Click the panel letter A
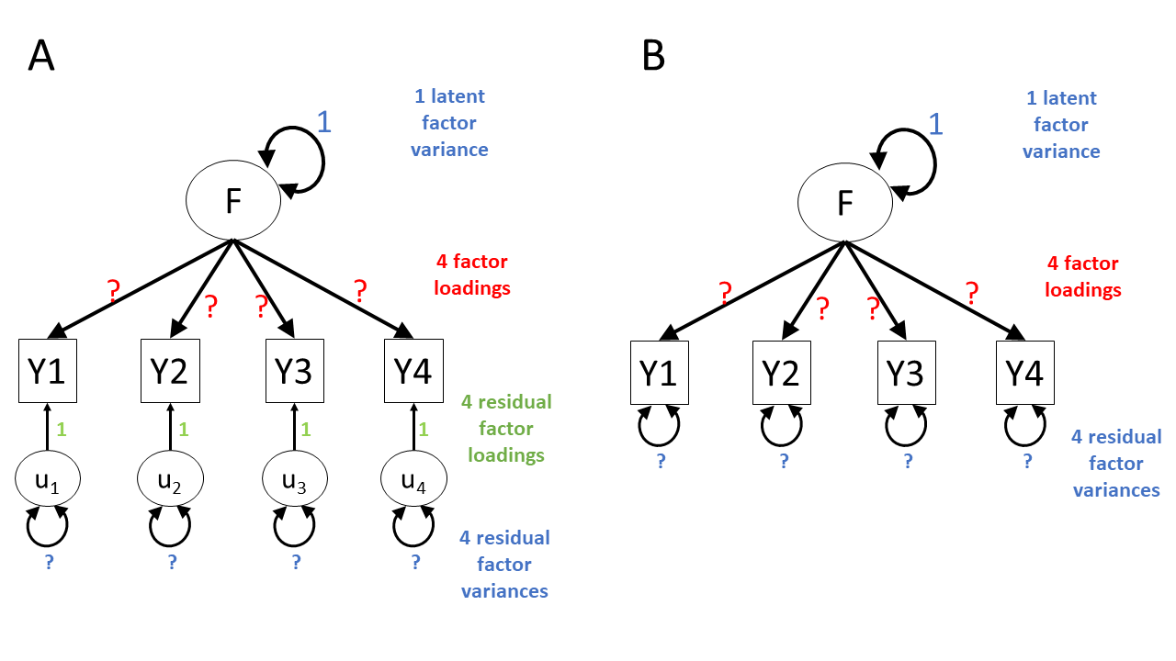pyautogui.click(x=41, y=56)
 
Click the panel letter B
pyautogui.click(x=653, y=57)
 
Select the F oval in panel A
pyautogui.click(x=233, y=201)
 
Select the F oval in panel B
pyautogui.click(x=845, y=203)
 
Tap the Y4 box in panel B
pyautogui.click(x=1025, y=373)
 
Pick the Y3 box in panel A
pyautogui.click(x=294, y=371)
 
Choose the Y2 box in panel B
pyautogui.click(x=781, y=373)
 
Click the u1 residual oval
pyautogui.click(x=48, y=480)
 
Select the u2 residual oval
pyautogui.click(x=170, y=480)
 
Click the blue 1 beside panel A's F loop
pyautogui.click(x=324, y=122)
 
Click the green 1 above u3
pyautogui.click(x=306, y=429)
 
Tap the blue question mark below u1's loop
pyautogui.click(x=49, y=563)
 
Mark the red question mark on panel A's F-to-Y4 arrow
pyautogui.click(x=360, y=292)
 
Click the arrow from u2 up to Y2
pyautogui.click(x=170, y=430)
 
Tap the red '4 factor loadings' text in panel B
pyautogui.click(x=1083, y=276)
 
